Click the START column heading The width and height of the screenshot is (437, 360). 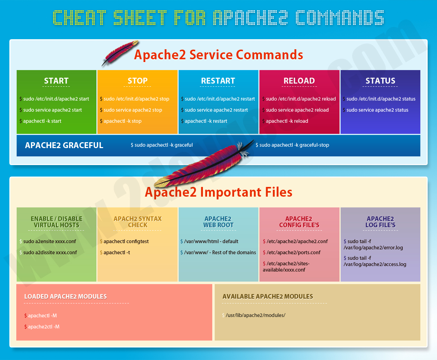(x=56, y=81)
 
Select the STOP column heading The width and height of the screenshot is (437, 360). (x=137, y=81)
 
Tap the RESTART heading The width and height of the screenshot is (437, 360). (x=218, y=81)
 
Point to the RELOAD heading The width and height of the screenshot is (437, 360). (x=299, y=81)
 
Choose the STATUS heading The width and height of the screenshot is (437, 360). (x=380, y=81)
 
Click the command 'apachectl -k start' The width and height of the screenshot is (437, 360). (x=42, y=121)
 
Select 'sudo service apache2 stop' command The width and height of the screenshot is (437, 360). (x=133, y=110)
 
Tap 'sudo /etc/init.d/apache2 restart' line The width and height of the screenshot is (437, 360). (x=220, y=99)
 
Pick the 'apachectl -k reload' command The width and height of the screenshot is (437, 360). (x=287, y=121)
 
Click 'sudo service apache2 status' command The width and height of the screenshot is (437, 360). (x=377, y=110)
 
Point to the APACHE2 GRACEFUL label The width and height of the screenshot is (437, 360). (x=64, y=145)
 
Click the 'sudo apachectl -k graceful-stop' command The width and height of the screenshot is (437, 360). (x=294, y=145)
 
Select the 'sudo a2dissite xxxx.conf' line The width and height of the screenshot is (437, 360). (x=50, y=252)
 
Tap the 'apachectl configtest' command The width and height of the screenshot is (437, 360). (x=126, y=241)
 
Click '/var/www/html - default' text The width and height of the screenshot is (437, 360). (x=211, y=241)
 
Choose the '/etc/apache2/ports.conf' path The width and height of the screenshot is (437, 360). (x=293, y=252)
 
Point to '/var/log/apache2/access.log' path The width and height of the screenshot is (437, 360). (x=375, y=264)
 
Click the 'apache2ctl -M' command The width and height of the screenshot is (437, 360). (x=44, y=326)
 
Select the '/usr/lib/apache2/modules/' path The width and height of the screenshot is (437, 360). (x=255, y=315)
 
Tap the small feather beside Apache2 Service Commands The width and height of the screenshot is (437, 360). (x=120, y=53)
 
